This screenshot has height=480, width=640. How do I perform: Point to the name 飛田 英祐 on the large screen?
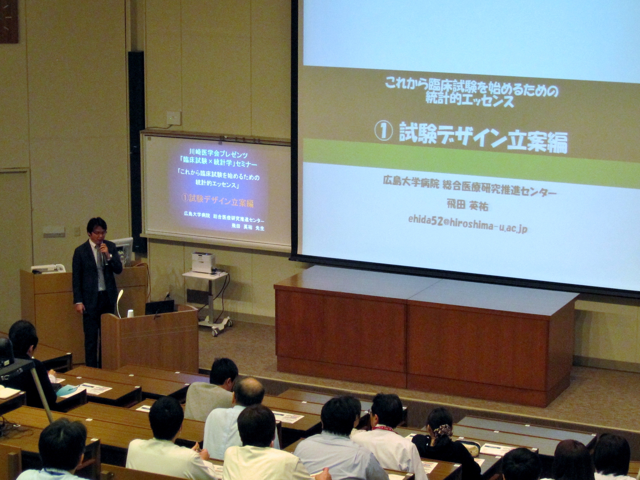(x=468, y=205)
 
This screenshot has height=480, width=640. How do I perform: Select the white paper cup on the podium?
(x=130, y=314)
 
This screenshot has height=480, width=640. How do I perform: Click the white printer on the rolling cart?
(x=203, y=262)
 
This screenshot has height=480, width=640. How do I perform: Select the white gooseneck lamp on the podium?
(x=119, y=302)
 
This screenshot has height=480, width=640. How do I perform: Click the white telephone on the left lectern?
(x=48, y=268)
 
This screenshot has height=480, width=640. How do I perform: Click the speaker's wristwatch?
(x=110, y=256)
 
